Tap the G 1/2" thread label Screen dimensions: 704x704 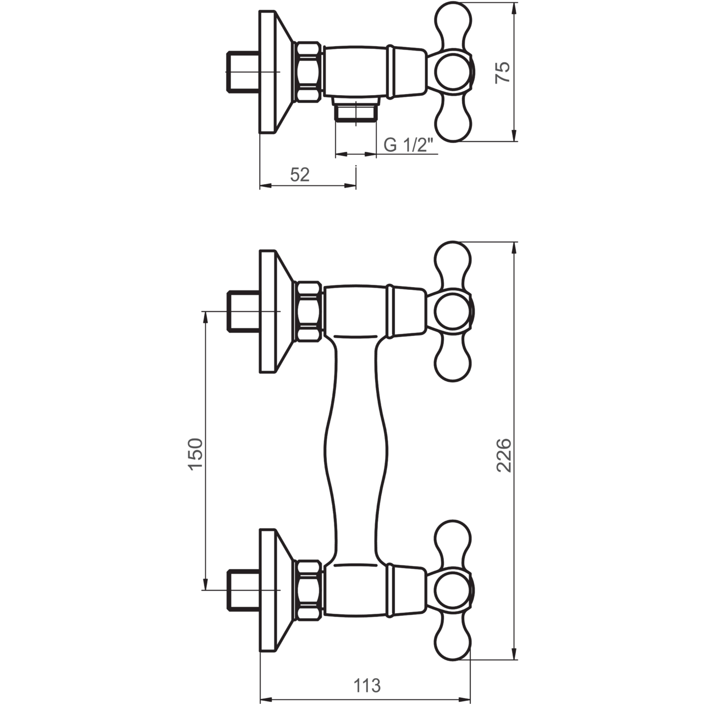coord(409,145)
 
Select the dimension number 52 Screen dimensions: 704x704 coord(300,175)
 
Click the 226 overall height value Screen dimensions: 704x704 coord(504,455)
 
